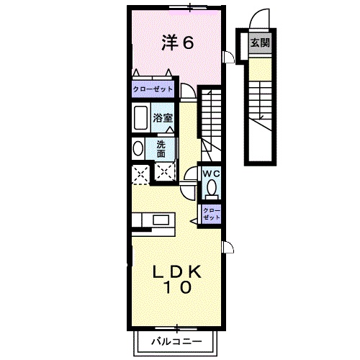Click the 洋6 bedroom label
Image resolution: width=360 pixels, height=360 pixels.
(x=178, y=43)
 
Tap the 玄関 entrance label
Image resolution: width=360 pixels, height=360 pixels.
(x=260, y=43)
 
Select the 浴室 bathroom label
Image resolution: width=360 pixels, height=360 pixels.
(x=163, y=117)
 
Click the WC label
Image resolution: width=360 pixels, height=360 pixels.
(x=211, y=174)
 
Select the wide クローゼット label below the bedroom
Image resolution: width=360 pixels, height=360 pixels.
(x=153, y=89)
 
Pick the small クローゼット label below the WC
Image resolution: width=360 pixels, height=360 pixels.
(x=212, y=213)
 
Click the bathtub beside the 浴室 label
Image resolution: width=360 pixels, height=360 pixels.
(x=140, y=117)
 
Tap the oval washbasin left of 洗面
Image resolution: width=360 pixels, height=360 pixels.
(x=138, y=148)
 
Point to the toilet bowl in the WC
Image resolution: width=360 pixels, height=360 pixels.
(x=212, y=188)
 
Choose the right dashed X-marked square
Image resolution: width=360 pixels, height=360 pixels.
(x=165, y=173)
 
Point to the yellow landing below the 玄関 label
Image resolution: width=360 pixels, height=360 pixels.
(x=260, y=66)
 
